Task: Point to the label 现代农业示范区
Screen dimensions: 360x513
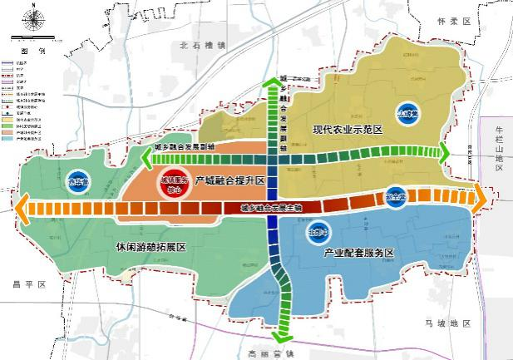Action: [x=347, y=131]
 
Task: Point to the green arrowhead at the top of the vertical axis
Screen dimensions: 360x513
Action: [x=272, y=86]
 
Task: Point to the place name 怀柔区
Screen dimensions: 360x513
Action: [x=453, y=21]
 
